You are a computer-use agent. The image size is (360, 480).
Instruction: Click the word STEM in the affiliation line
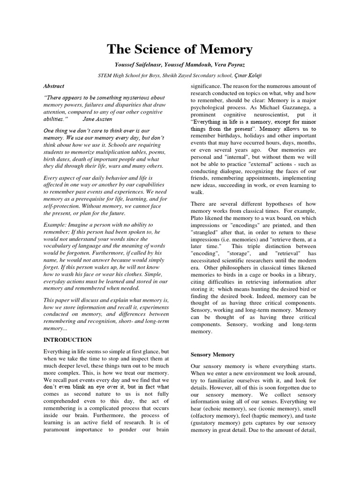click(x=105, y=75)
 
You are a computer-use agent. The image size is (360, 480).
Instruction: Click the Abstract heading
click(x=53, y=86)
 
